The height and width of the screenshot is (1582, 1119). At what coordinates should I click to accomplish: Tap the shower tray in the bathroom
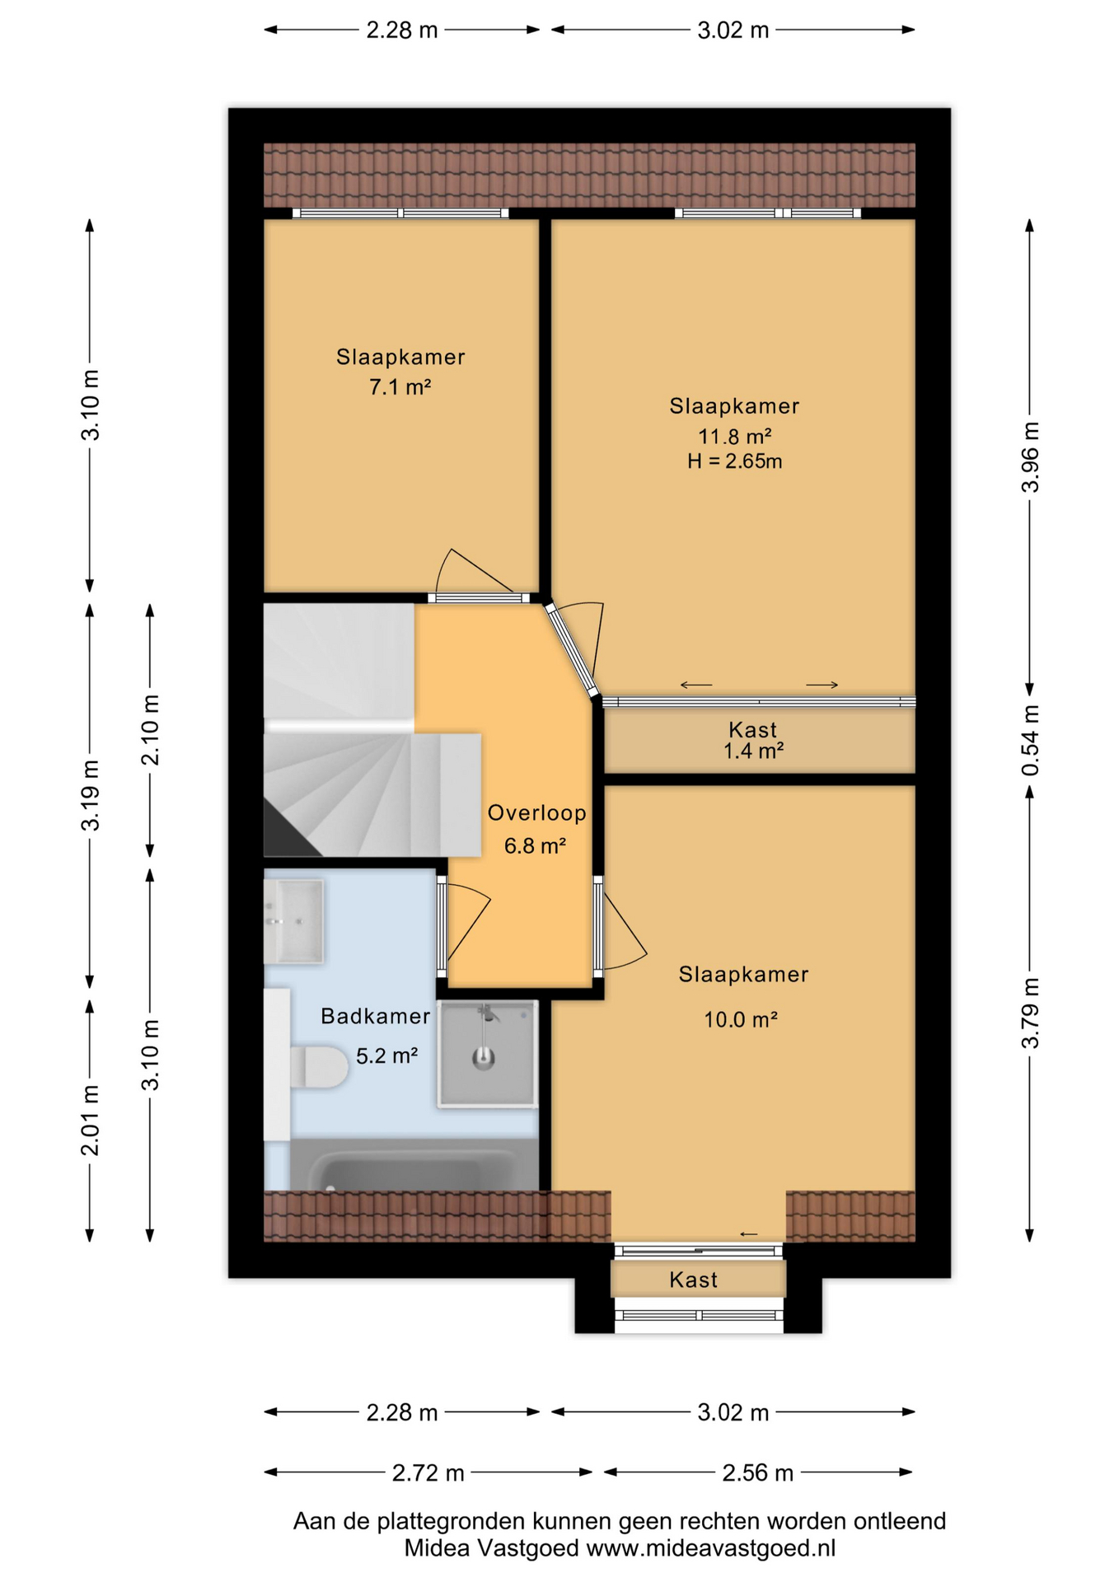point(487,1053)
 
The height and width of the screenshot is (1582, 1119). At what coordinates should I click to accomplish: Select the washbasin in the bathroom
point(293,920)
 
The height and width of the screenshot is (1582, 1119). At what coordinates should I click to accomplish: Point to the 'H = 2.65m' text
point(734,461)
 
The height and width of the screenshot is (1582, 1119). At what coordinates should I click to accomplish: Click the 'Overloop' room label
point(536,813)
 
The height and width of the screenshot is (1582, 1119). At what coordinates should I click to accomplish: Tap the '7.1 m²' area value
point(400,387)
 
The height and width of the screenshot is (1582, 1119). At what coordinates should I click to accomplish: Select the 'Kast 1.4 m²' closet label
point(752,740)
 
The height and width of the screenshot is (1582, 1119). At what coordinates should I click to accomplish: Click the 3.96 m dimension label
point(1030,457)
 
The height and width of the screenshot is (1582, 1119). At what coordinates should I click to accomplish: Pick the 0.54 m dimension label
point(1030,740)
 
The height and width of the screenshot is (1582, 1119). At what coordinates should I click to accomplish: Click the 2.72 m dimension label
point(428,1472)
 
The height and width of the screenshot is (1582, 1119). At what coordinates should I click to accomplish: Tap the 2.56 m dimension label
point(757,1472)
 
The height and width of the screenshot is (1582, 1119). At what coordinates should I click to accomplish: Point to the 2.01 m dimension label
point(90,1120)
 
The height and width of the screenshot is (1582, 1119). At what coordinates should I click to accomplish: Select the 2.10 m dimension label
point(150,730)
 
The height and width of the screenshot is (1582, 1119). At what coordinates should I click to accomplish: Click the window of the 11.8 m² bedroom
point(767,213)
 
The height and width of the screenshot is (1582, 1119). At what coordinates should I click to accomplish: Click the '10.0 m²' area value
point(740,1020)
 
